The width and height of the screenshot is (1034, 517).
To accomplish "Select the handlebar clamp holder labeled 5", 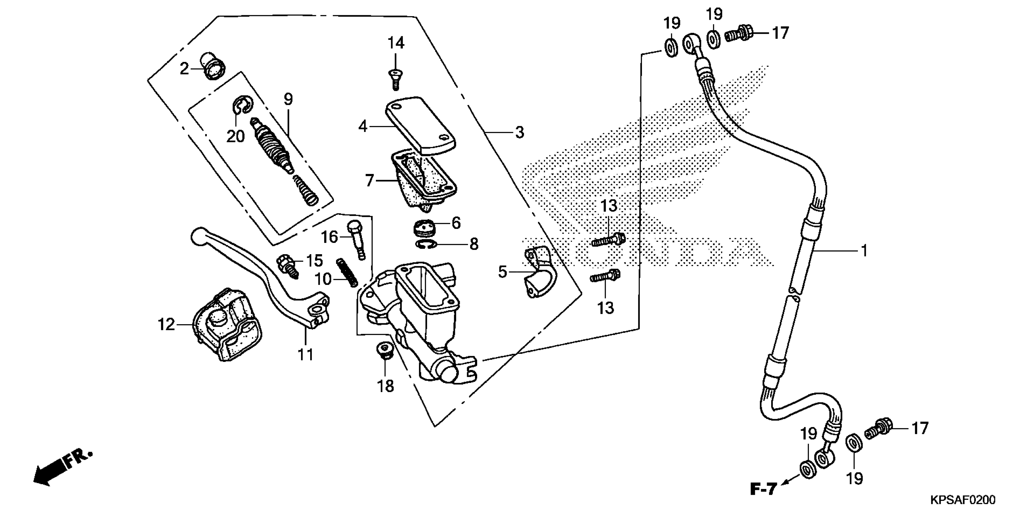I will (x=538, y=273).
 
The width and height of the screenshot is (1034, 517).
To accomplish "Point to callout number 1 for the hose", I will (x=864, y=251).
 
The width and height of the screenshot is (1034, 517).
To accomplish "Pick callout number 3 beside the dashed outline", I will (x=519, y=132).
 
